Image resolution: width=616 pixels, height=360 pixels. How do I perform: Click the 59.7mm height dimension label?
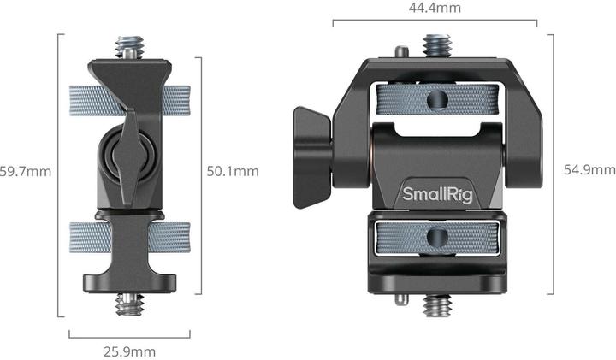pyautogui.click(x=26, y=171)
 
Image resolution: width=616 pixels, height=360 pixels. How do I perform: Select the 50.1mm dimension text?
pyautogui.click(x=233, y=171)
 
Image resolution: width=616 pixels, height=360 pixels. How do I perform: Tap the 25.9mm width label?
pyautogui.click(x=130, y=351)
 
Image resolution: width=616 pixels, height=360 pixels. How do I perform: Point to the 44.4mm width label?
pyautogui.click(x=435, y=9)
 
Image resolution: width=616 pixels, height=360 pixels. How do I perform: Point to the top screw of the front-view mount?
pyautogui.click(x=436, y=44)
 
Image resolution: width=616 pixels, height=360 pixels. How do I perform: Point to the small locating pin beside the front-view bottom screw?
pyautogui.click(x=401, y=299)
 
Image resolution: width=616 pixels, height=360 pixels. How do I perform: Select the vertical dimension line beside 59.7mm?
pyautogui.click(x=58, y=171)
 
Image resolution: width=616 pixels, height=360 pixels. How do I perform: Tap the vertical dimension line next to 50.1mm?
pyautogui.click(x=198, y=171)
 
